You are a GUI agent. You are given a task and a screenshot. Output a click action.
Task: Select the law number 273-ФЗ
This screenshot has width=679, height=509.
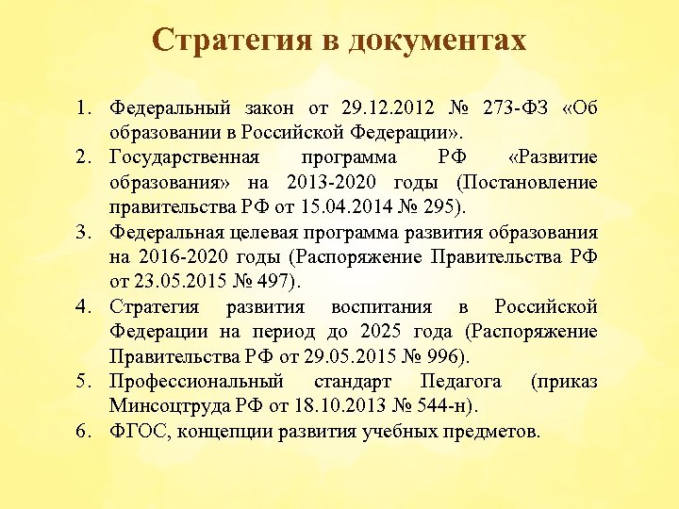point(506,106)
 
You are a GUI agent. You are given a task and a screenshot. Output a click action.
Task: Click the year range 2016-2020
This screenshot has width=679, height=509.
point(183,254)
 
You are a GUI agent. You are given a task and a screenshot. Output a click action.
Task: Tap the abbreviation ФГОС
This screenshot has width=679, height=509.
point(135,433)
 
